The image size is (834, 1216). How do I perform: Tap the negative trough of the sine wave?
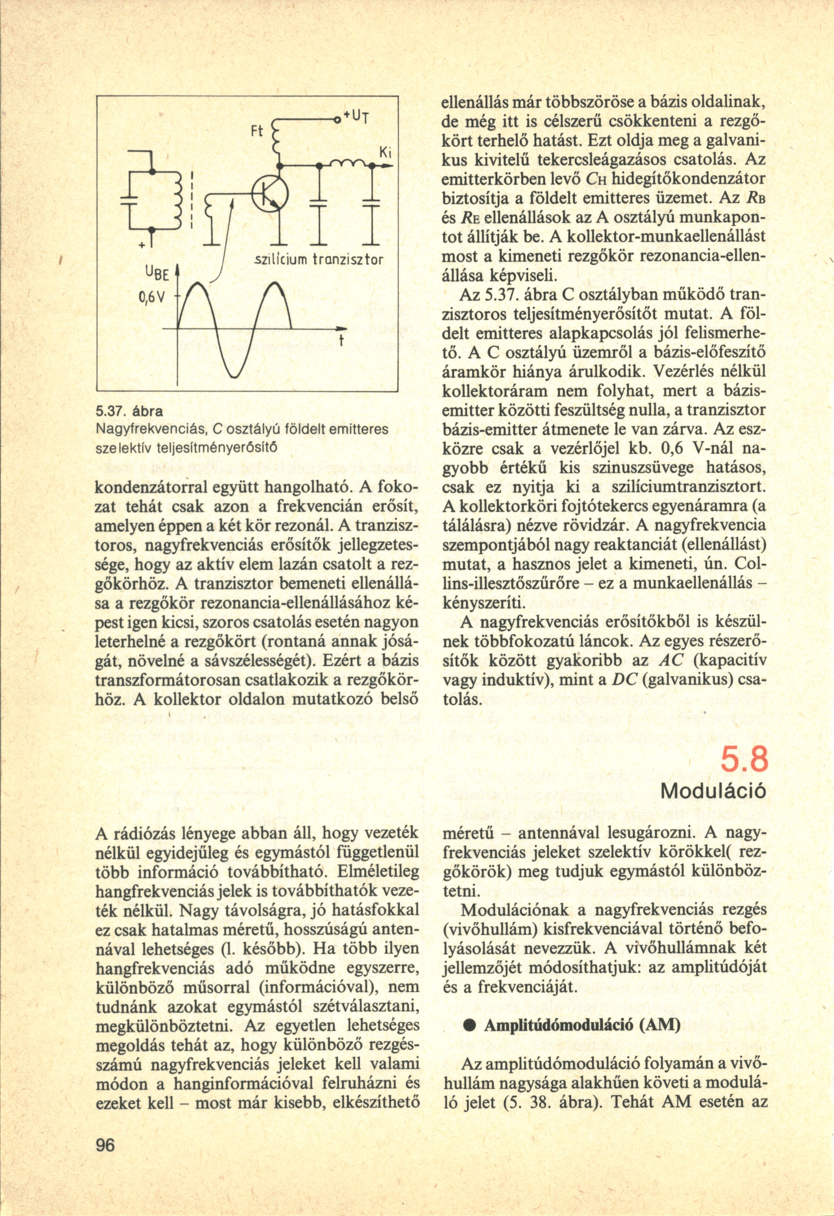(233, 373)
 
